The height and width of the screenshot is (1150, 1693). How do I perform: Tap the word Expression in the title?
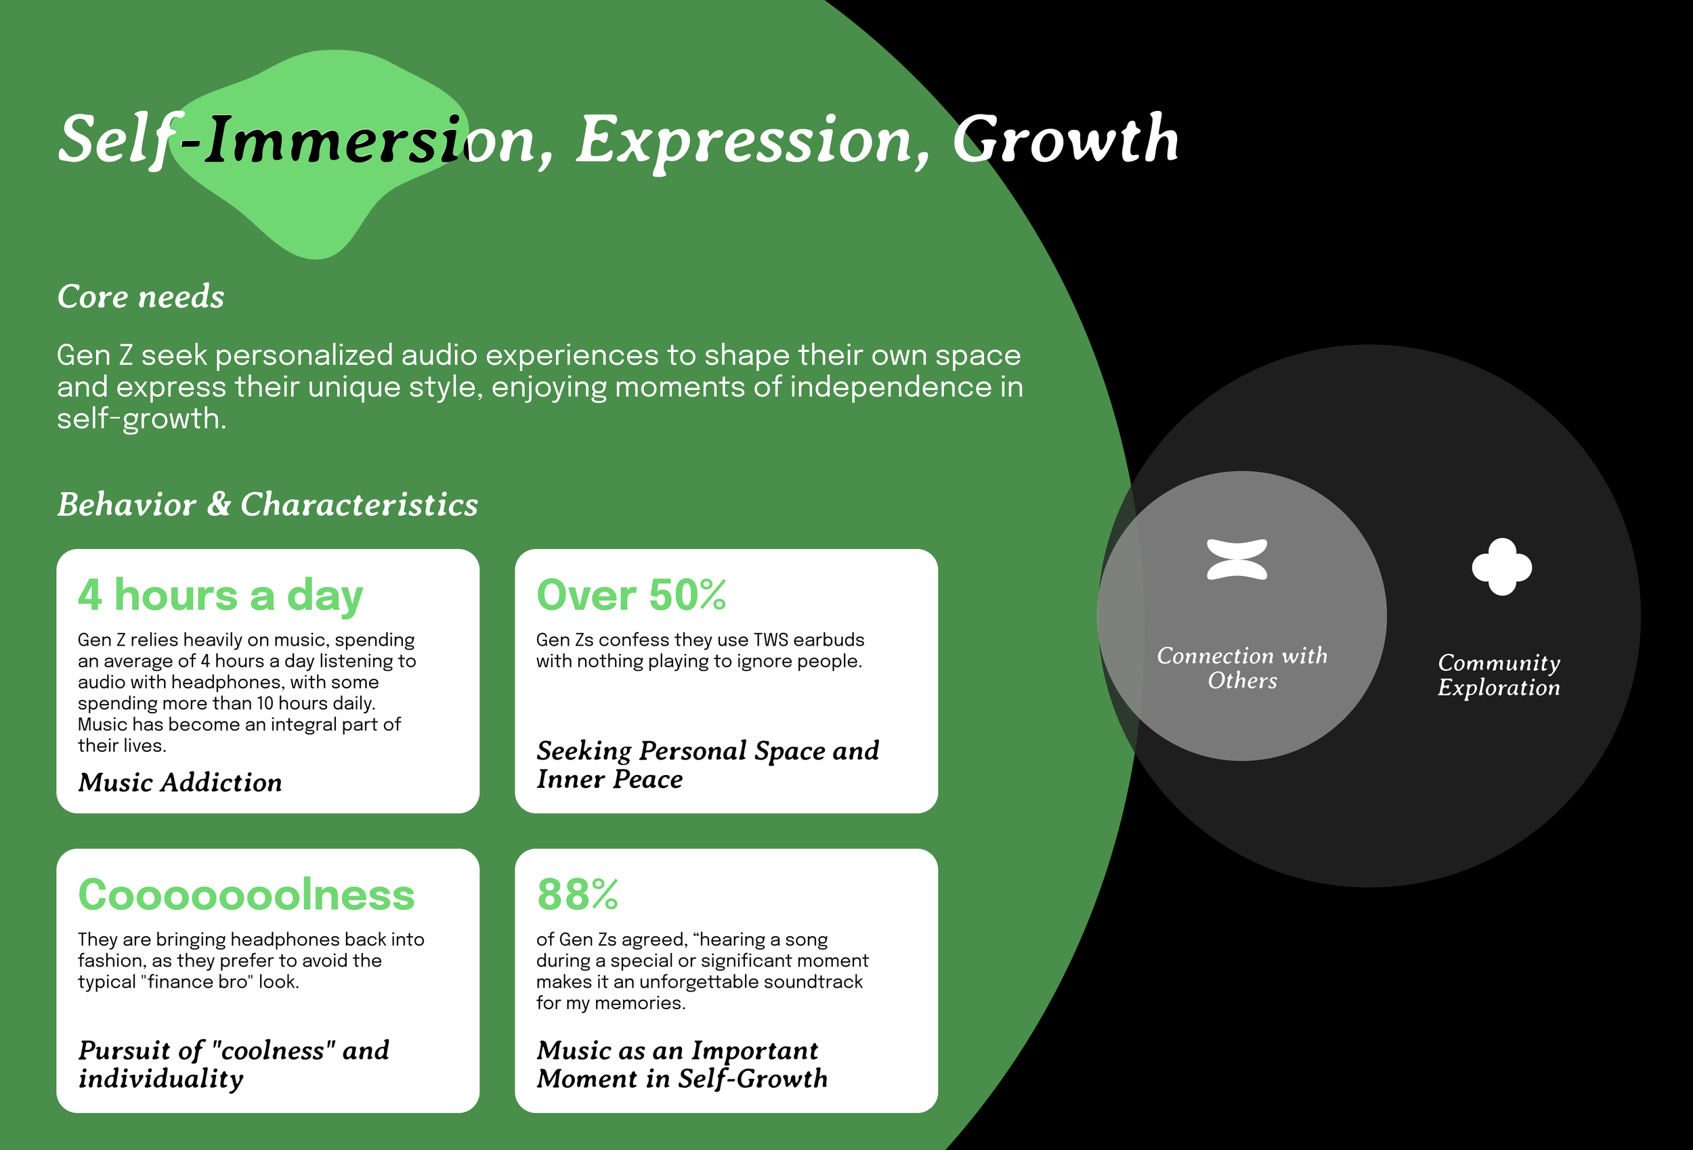click(743, 140)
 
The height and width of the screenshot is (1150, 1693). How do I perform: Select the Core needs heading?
click(141, 296)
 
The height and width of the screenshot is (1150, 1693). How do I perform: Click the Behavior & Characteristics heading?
click(267, 504)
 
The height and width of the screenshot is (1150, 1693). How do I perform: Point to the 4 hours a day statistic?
click(220, 595)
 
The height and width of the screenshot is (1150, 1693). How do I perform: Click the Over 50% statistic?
click(631, 595)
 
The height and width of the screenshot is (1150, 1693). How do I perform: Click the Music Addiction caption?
click(180, 782)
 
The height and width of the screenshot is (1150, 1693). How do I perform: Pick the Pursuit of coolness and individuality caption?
click(233, 1064)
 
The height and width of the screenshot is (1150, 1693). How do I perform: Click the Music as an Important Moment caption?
click(682, 1064)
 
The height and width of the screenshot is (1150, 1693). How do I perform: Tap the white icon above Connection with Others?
click(1237, 559)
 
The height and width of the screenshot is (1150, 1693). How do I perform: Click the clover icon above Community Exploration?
click(1501, 567)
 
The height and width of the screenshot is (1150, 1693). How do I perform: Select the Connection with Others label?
click(1242, 668)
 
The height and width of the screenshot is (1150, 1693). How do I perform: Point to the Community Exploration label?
click(1499, 674)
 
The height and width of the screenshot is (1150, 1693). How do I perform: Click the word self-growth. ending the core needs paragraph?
click(142, 419)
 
